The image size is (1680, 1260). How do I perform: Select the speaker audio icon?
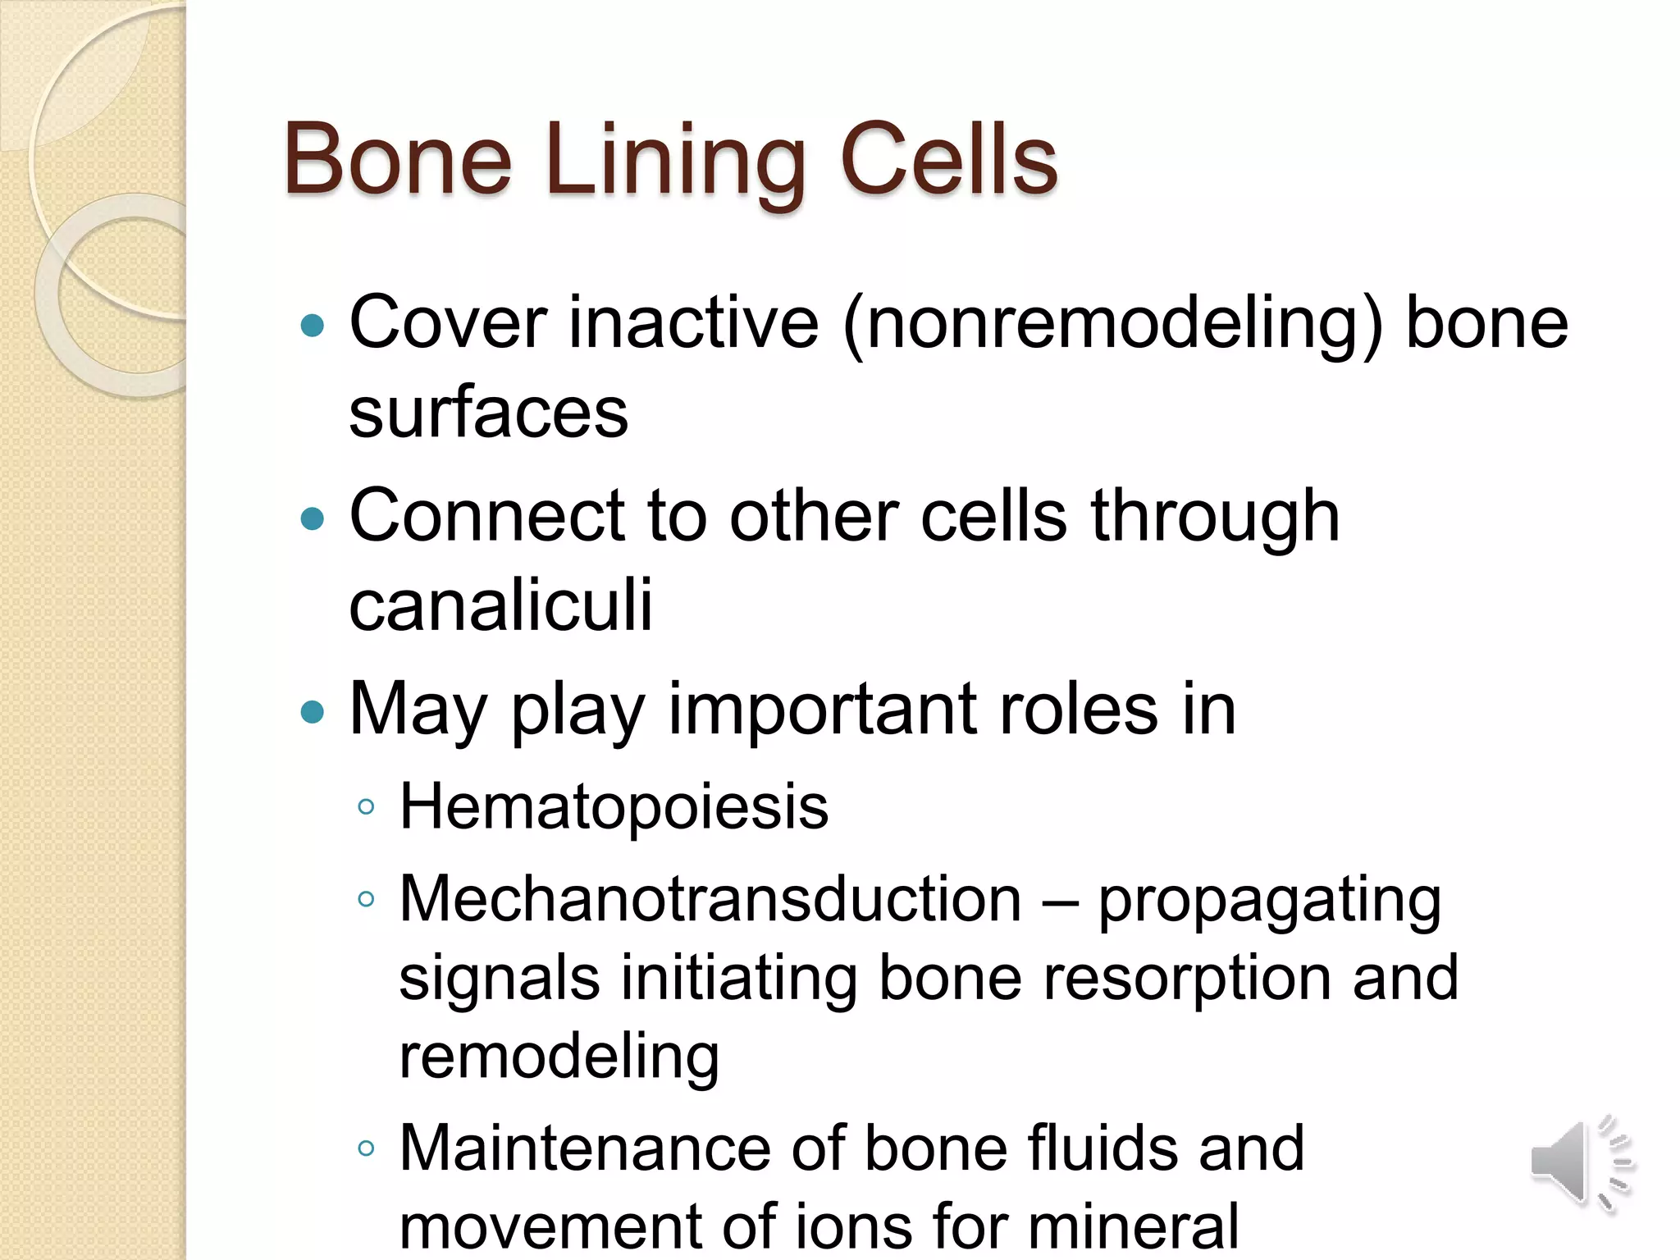coord(1581,1162)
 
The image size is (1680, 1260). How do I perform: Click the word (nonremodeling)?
coord(1112,324)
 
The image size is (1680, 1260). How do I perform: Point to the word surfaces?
coord(488,413)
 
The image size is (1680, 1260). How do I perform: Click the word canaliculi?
coord(500,605)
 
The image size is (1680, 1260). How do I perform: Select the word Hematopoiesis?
coord(614,807)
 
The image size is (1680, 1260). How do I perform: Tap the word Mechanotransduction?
coord(710,899)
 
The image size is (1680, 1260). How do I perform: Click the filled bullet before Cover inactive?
coord(313,326)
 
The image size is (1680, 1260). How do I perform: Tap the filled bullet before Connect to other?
coord(313,518)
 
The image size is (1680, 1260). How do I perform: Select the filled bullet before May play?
coord(313,711)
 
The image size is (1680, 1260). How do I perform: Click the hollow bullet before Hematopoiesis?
coord(366,807)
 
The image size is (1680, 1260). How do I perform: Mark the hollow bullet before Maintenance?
coord(366,1148)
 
